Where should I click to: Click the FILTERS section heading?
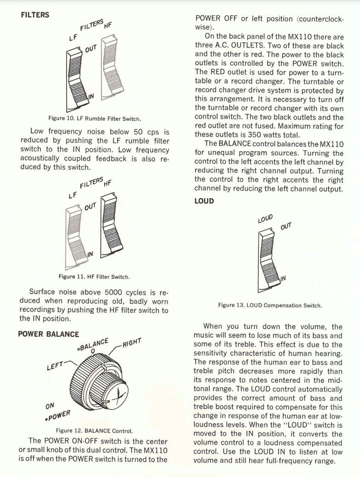click(x=35, y=15)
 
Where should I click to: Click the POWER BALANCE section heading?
click(x=48, y=334)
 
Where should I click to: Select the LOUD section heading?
click(x=205, y=202)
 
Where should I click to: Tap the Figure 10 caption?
click(x=95, y=118)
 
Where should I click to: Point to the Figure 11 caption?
click(x=94, y=276)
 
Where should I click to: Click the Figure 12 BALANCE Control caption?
click(x=94, y=431)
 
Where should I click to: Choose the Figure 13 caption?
click(x=270, y=305)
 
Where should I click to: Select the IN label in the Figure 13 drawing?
click(x=283, y=278)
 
